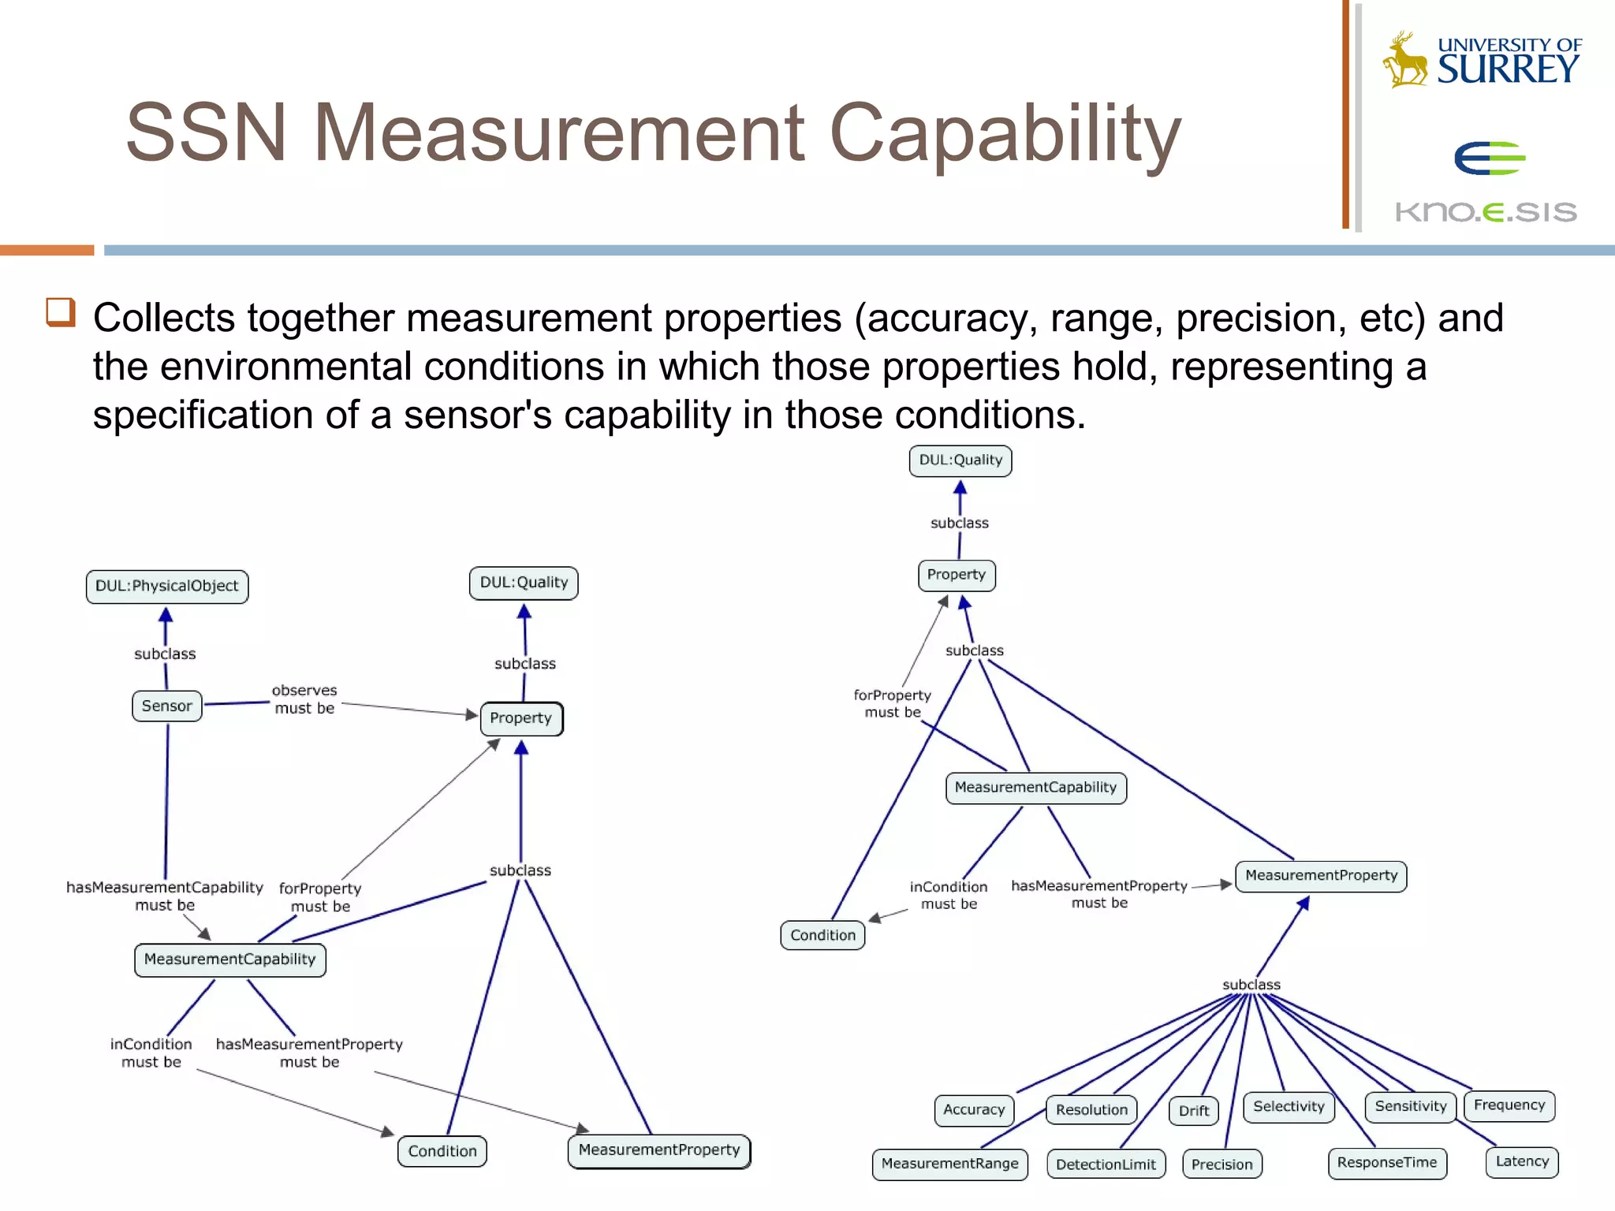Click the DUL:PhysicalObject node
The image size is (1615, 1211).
coord(166,587)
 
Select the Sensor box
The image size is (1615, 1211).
coord(166,706)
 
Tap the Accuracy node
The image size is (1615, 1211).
coord(974,1110)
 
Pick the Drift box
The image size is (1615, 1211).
coord(1193,1111)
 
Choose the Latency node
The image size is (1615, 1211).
coord(1522,1162)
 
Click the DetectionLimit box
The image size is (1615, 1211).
coord(1106,1164)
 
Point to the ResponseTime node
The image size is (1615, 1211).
coord(1387,1163)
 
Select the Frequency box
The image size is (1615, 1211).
coord(1509,1105)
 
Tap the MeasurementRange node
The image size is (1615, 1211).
coord(949,1164)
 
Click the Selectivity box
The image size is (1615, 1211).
coord(1289,1107)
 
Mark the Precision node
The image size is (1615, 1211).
coord(1222,1164)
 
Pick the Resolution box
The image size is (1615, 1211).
coord(1091,1110)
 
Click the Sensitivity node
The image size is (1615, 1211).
coord(1410,1107)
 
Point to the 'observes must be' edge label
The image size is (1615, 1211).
coord(304,699)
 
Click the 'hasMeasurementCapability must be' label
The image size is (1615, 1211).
coord(164,896)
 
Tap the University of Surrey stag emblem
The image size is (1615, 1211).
coord(1404,60)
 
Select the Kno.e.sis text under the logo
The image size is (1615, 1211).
coord(1486,212)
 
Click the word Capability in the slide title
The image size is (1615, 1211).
coord(1005,134)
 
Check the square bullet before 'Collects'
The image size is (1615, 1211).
coord(61,312)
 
